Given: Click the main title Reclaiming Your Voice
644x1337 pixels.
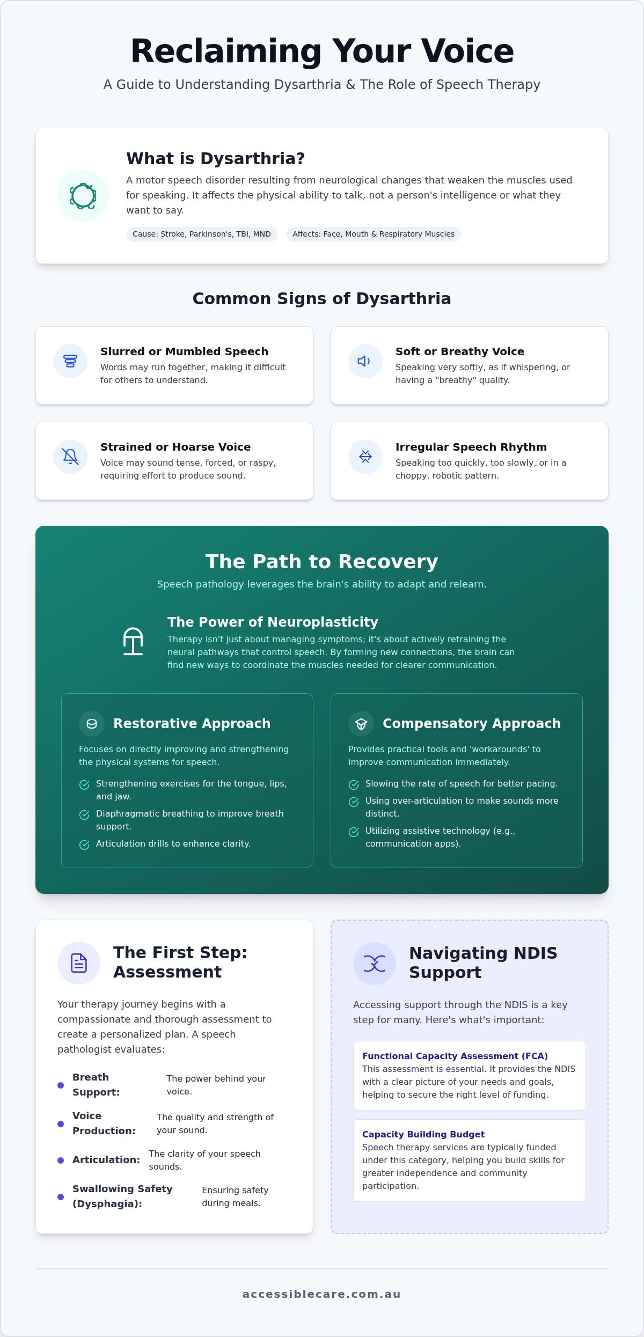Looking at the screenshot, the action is (x=322, y=52).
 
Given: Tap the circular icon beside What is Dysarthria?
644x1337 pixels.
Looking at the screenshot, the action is (x=83, y=196).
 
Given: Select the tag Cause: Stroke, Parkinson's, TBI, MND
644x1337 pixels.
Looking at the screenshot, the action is (x=202, y=234).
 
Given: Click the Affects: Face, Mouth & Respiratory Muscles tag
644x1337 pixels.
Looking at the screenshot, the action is (x=374, y=234).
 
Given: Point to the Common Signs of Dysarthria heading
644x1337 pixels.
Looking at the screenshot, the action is (x=322, y=298).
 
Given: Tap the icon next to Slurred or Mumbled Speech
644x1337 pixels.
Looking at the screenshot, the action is (x=70, y=361).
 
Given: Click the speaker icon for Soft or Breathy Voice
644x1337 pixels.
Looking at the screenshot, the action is (x=365, y=361).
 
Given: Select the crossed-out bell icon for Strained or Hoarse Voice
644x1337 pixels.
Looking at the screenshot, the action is (x=70, y=457).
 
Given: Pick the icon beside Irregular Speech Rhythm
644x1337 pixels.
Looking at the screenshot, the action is (x=365, y=457).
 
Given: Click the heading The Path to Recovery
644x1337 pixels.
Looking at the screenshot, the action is (x=322, y=561).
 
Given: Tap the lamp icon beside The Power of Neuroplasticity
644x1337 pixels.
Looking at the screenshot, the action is (x=133, y=641).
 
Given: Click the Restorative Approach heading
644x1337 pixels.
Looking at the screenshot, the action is (x=192, y=723).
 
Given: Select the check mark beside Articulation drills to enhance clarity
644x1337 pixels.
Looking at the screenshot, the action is (x=84, y=845).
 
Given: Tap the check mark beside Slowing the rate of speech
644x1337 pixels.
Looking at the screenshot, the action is (x=354, y=785).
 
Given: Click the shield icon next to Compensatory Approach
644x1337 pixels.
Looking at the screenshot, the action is (x=361, y=724).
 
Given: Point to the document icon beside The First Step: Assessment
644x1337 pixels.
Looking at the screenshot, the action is (x=79, y=963).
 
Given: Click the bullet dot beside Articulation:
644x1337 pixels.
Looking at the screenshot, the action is (x=61, y=1160).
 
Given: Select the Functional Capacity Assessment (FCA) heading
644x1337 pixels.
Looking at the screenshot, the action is (x=455, y=1056).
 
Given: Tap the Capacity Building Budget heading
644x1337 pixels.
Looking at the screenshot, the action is (x=423, y=1134).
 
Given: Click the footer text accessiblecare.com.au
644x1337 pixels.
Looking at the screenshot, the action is (x=322, y=1294).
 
